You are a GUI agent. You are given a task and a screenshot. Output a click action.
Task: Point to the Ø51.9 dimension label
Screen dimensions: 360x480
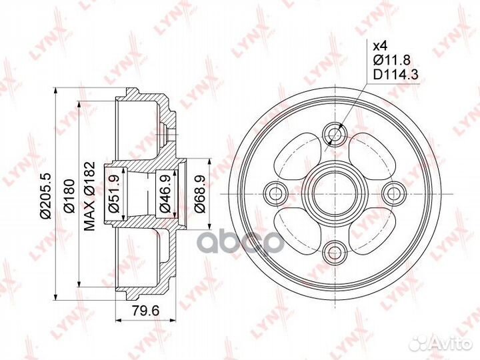tap(114, 194)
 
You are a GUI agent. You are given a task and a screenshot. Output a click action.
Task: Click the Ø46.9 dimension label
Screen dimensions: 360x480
tap(165, 194)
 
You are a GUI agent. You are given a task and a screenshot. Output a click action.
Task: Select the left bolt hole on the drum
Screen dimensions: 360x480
tap(275, 193)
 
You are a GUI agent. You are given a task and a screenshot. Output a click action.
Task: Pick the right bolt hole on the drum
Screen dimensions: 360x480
tap(393, 193)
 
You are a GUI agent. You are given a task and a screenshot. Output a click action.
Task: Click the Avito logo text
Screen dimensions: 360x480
tap(449, 343)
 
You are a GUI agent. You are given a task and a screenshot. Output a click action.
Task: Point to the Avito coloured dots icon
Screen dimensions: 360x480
tap(419, 343)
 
